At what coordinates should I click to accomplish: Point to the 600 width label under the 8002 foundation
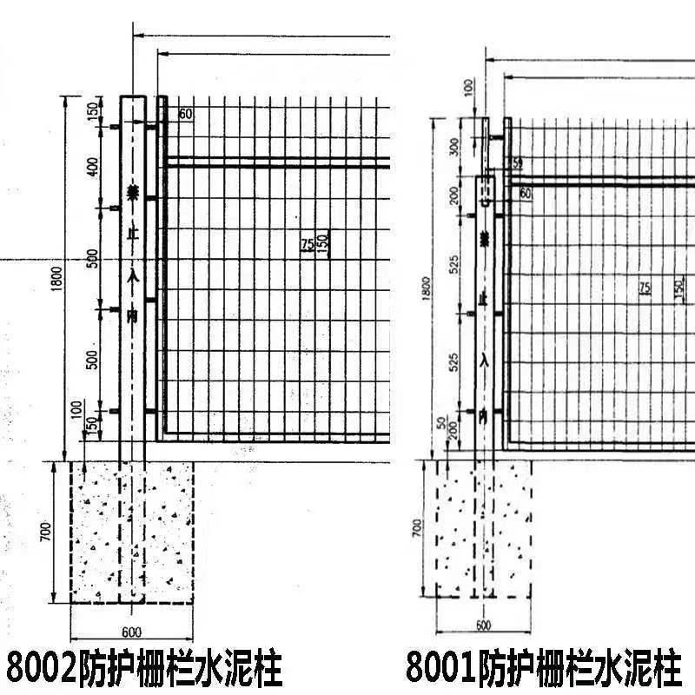click(x=131, y=631)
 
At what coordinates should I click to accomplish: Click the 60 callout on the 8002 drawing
click(x=185, y=114)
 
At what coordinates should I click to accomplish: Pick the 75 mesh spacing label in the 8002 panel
click(x=307, y=245)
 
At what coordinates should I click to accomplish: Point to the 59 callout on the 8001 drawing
click(x=518, y=162)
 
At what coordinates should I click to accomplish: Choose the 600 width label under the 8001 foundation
click(x=484, y=625)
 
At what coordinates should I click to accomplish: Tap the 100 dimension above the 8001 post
click(x=469, y=86)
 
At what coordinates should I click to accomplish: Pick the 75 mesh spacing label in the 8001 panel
click(x=645, y=288)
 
